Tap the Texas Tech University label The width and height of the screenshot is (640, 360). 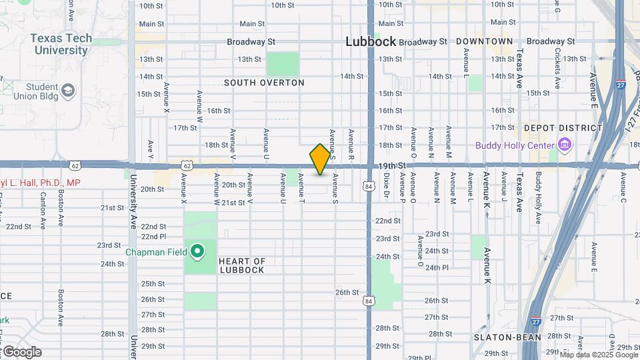(x=61, y=44)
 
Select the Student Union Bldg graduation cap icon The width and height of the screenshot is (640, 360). (x=68, y=90)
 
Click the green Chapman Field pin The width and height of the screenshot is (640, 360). (x=197, y=252)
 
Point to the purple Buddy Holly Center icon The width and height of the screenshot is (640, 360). (x=565, y=145)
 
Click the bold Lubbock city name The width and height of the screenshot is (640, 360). (x=371, y=41)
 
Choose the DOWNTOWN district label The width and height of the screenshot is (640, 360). (x=485, y=41)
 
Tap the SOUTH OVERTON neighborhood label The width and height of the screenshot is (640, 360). (x=264, y=83)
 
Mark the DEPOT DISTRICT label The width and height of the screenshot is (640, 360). (x=563, y=128)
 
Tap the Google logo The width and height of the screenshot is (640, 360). (x=21, y=352)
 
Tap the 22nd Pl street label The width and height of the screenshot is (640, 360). (x=153, y=236)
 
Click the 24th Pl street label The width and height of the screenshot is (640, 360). (x=437, y=267)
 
